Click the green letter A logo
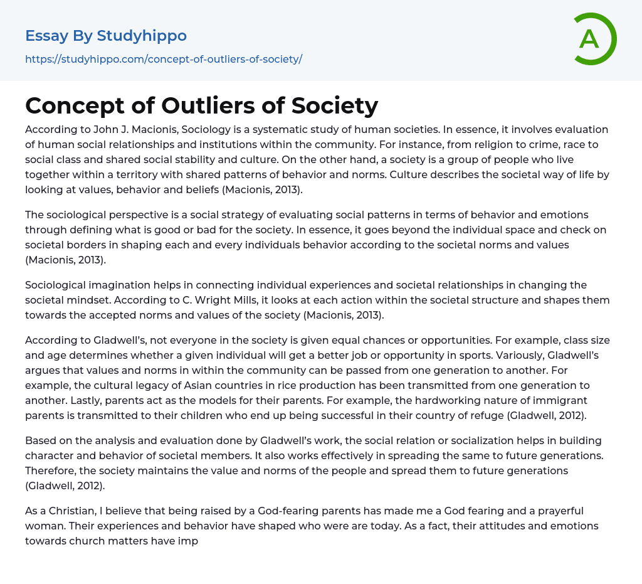pos(594,39)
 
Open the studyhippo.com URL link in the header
pos(164,59)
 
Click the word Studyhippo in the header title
pos(142,36)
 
